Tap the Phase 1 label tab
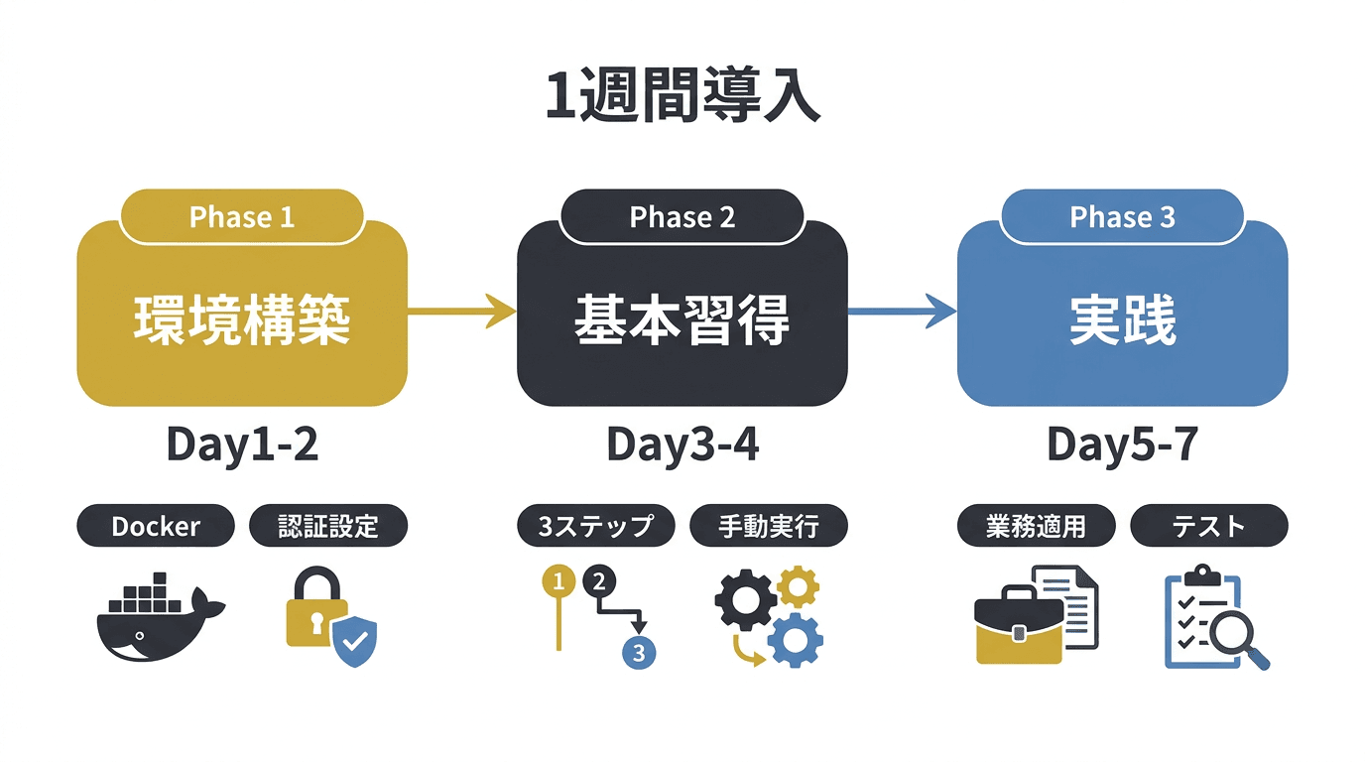[x=241, y=217]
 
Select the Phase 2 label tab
[x=682, y=217]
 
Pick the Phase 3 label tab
[x=1122, y=217]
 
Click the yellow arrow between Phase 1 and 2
[x=462, y=313]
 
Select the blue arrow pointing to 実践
[x=902, y=313]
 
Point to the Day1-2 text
[x=241, y=445]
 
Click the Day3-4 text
[x=682, y=445]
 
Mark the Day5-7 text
[x=1122, y=445]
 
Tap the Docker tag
[x=156, y=526]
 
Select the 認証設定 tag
[x=328, y=526]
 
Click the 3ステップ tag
[x=595, y=526]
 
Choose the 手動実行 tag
[x=769, y=526]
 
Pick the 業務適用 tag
[x=1036, y=526]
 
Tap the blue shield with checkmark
[x=354, y=642]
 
